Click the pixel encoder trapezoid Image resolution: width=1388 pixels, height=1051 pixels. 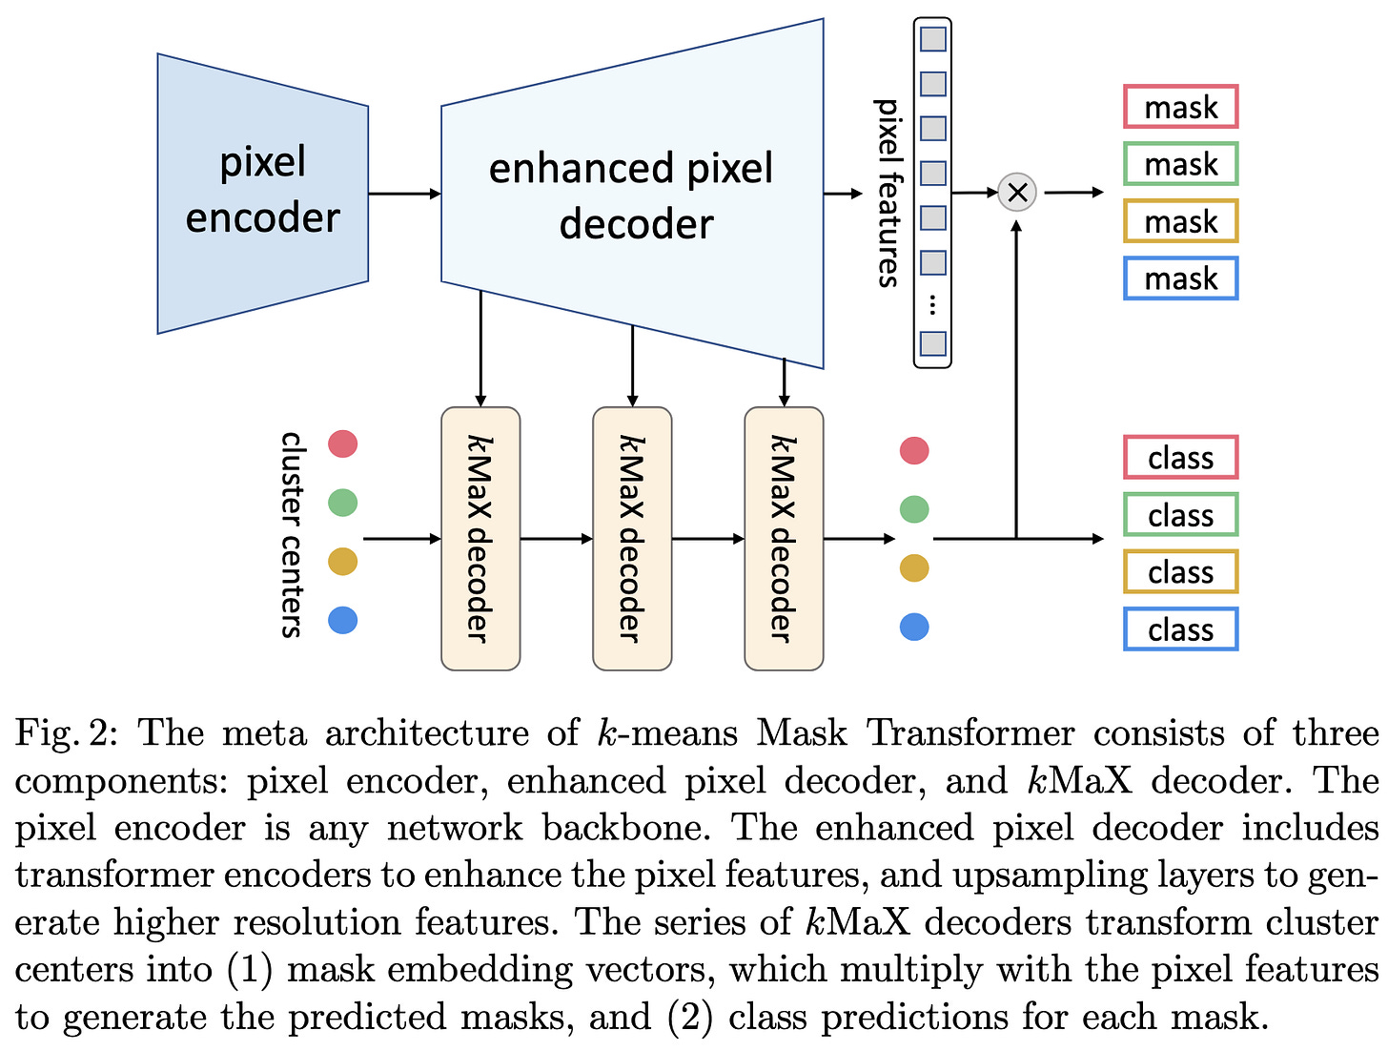[x=262, y=193]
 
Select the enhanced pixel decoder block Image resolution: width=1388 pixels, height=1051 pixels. [x=631, y=193]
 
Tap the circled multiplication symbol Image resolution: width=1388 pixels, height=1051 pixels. [x=1016, y=192]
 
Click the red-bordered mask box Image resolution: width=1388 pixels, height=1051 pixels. [x=1180, y=106]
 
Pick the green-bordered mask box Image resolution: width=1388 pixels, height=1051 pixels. [x=1180, y=164]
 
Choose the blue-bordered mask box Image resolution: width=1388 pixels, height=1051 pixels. [x=1180, y=278]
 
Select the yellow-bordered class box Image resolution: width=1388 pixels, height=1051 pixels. [x=1180, y=571]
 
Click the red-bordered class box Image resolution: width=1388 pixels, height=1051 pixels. [x=1180, y=457]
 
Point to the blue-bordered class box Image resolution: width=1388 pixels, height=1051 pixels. [x=1180, y=629]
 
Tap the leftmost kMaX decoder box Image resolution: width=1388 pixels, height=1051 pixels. [x=480, y=538]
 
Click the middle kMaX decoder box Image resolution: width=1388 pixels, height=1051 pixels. [x=632, y=538]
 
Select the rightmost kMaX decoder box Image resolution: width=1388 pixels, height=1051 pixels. [x=784, y=538]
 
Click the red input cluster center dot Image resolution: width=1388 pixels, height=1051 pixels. [x=342, y=443]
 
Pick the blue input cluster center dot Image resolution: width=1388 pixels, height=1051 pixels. [x=342, y=620]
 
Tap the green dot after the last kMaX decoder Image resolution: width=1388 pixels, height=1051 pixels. [x=914, y=509]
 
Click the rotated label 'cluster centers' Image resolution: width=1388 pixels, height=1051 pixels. [x=291, y=534]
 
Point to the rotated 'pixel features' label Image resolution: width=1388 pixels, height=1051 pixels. [x=888, y=193]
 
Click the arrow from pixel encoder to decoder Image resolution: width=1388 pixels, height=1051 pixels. [x=405, y=193]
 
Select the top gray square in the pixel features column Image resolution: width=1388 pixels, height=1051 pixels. [x=932, y=39]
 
